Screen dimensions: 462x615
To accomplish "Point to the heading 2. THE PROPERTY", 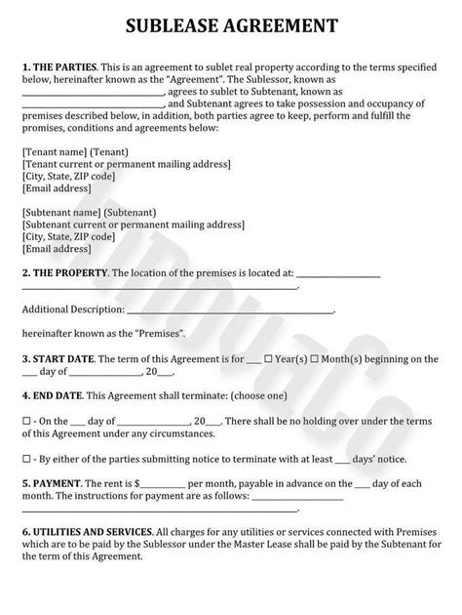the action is tap(62, 275).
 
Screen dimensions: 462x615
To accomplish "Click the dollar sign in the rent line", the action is tap(137, 483).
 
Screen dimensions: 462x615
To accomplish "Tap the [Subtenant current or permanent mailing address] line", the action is tap(132, 224).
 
